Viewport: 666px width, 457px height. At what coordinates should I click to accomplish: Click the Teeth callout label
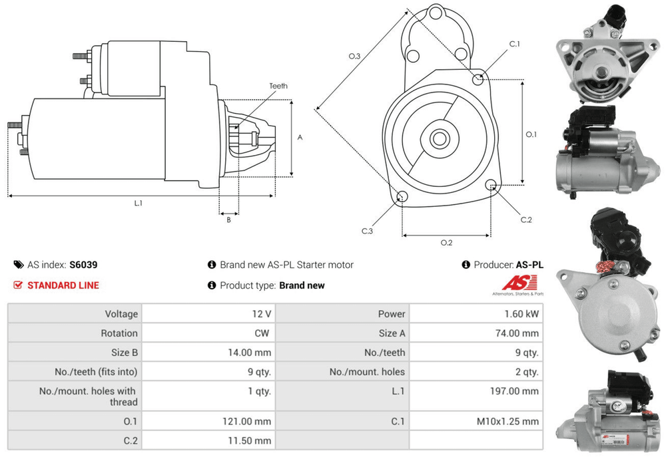pyautogui.click(x=278, y=86)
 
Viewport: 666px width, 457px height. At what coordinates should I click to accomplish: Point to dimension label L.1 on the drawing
pyautogui.click(x=138, y=203)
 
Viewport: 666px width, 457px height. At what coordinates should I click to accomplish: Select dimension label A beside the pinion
pyautogui.click(x=300, y=138)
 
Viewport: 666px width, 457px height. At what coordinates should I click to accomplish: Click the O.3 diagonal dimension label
pyautogui.click(x=354, y=57)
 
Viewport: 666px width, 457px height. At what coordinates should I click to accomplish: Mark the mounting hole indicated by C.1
pyautogui.click(x=478, y=80)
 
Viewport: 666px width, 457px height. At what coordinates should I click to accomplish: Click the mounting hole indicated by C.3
pyautogui.click(x=402, y=196)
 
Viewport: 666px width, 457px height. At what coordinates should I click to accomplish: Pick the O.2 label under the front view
pyautogui.click(x=446, y=242)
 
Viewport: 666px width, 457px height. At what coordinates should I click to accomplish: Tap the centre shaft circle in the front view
pyautogui.click(x=439, y=139)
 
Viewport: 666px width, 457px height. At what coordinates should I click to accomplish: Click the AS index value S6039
pyautogui.click(x=83, y=265)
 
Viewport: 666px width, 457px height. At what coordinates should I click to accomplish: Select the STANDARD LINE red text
pyautogui.click(x=63, y=285)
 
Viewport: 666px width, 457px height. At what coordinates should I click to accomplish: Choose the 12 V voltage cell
pyautogui.click(x=262, y=314)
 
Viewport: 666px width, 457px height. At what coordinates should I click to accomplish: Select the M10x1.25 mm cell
pyautogui.click(x=507, y=421)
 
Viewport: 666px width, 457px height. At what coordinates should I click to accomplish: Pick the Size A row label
pyautogui.click(x=392, y=333)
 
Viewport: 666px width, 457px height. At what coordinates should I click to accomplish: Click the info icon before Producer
pyautogui.click(x=466, y=265)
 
